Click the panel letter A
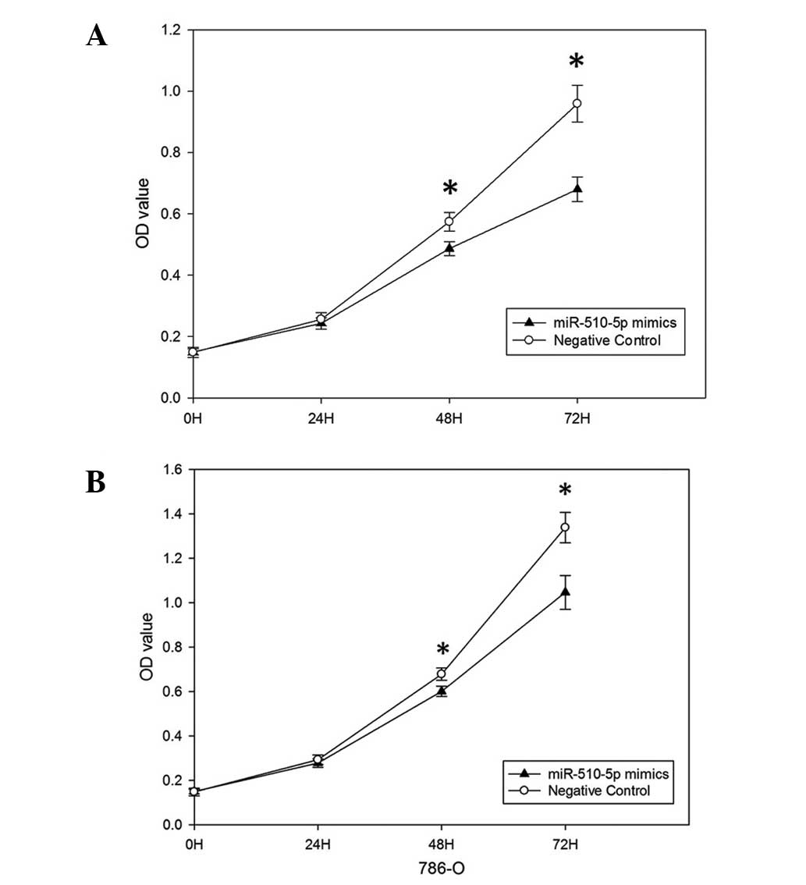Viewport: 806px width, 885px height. click(97, 36)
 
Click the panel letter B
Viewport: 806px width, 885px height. click(96, 483)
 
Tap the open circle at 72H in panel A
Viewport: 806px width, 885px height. click(577, 103)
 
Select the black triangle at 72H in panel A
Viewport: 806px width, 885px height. click(577, 189)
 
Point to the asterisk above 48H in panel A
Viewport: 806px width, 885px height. click(450, 190)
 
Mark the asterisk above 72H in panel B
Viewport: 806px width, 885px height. click(565, 492)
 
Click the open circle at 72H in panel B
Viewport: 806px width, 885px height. click(565, 527)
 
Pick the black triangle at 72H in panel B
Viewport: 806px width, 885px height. click(565, 592)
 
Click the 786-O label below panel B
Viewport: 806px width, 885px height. click(442, 866)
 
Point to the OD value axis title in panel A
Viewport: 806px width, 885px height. click(142, 214)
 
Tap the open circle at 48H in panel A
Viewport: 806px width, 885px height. click(449, 222)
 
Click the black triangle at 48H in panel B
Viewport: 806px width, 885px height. click(442, 691)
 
